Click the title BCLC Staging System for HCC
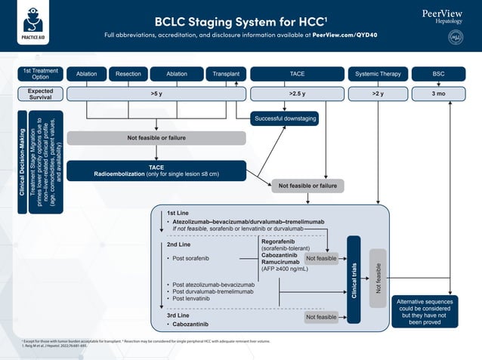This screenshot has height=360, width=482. click(240, 21)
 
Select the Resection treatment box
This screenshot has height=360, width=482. click(128, 74)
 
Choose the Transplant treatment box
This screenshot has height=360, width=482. click(225, 74)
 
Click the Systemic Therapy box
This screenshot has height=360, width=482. click(377, 74)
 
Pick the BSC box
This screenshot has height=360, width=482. click(438, 74)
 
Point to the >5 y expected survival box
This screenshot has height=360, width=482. click(156, 94)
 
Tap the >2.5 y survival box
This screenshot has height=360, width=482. click(297, 94)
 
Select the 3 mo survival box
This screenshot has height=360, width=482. click(438, 94)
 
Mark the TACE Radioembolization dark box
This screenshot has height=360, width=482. click(156, 171)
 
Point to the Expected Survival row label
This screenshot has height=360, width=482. click(40, 94)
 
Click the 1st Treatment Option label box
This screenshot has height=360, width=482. click(40, 74)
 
